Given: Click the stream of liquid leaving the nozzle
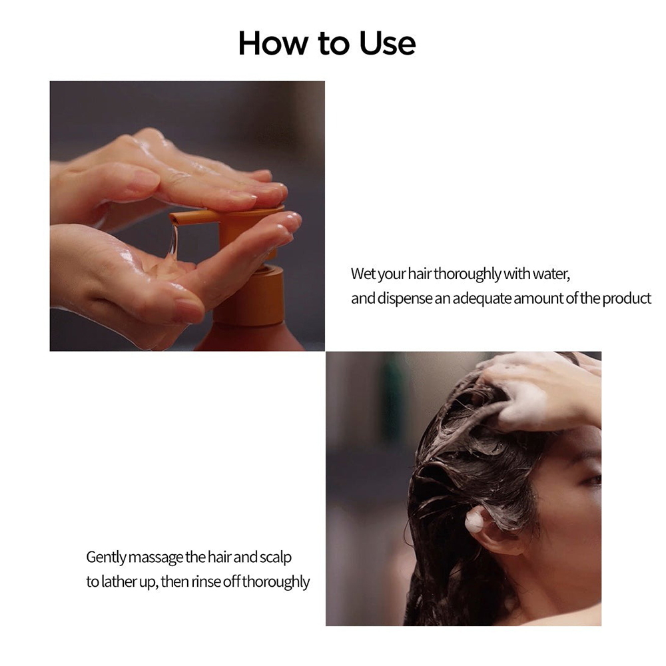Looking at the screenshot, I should pos(173,241).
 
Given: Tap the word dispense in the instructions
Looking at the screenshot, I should pos(404,298).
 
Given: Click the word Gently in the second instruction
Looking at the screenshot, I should pos(106,557).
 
